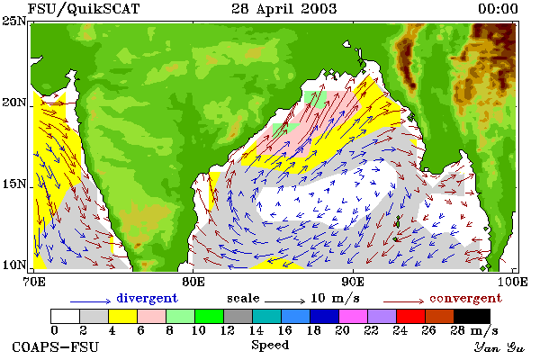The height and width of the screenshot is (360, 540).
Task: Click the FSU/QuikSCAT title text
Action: click(x=84, y=9)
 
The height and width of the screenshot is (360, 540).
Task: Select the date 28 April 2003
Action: click(x=284, y=9)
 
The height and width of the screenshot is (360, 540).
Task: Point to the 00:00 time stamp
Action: click(x=498, y=9)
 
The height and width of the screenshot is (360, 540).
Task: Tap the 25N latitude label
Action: click(x=14, y=22)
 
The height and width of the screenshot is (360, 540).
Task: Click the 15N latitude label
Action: click(x=14, y=184)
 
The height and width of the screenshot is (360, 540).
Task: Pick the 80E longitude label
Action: click(x=193, y=282)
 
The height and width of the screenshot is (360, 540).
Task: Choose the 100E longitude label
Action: click(x=513, y=282)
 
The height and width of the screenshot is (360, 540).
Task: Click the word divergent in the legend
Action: click(x=147, y=298)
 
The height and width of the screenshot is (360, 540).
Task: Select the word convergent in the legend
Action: click(x=465, y=298)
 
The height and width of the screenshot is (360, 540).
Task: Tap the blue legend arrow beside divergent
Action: click(x=91, y=301)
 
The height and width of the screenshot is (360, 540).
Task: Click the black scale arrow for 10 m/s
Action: click(x=284, y=301)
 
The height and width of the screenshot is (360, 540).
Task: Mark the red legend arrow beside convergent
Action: click(x=403, y=301)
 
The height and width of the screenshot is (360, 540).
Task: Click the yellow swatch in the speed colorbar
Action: click(x=123, y=316)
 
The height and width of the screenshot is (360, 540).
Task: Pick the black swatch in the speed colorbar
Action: click(x=472, y=316)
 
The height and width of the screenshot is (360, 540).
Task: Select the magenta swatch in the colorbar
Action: click(x=353, y=316)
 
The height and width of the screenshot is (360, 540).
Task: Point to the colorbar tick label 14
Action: click(x=256, y=330)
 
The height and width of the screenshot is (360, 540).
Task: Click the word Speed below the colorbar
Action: click(x=270, y=345)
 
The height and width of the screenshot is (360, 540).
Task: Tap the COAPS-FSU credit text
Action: click(x=56, y=346)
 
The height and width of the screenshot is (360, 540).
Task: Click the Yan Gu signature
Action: click(x=499, y=347)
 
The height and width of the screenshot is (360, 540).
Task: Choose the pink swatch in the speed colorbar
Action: click(x=152, y=316)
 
